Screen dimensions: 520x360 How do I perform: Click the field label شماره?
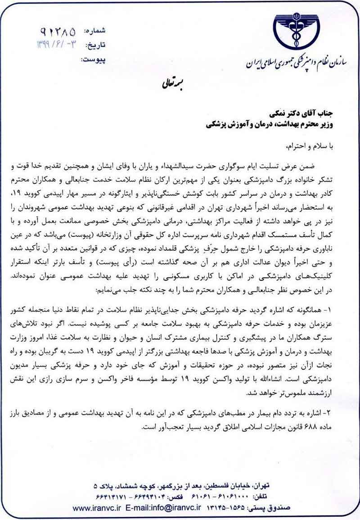pyautogui.click(x=95, y=31)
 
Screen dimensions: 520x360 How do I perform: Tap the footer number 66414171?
pyautogui.click(x=115, y=497)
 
